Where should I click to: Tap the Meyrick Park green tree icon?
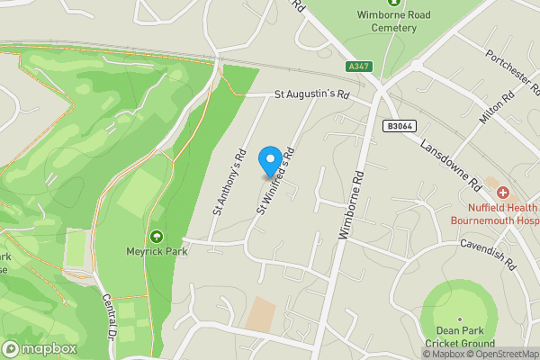157,237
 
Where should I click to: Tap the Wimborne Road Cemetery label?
406,21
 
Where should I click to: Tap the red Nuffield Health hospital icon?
503,193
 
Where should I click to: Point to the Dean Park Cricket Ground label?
460,337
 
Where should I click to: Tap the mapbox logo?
40,349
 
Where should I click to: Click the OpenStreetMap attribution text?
502,354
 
